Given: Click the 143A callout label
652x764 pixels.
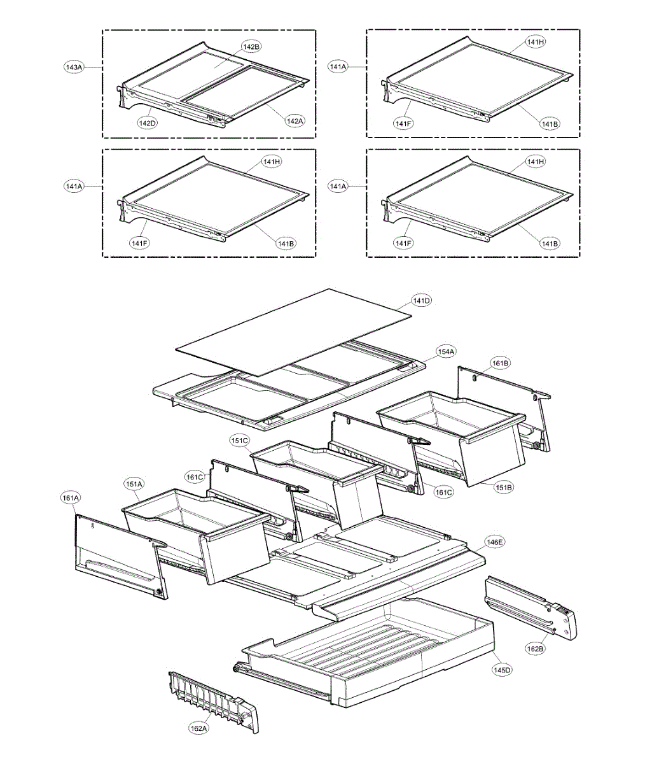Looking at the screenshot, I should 74,66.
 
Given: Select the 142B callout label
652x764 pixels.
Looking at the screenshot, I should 251,46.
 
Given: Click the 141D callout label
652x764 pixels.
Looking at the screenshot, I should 421,300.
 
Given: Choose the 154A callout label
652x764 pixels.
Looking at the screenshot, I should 445,351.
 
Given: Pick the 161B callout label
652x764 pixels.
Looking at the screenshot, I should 500,363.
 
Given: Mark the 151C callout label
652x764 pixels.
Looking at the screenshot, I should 240,440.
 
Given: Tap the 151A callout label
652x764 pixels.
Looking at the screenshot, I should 134,485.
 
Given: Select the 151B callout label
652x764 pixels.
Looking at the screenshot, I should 503,487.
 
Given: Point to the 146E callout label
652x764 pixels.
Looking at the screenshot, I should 494,542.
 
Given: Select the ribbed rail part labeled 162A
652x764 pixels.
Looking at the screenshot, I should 213,700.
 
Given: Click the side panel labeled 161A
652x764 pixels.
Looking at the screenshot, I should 118,557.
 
